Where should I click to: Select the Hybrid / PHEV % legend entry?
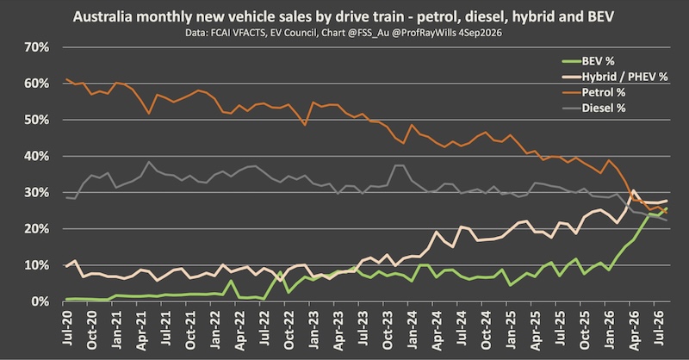point(615,77)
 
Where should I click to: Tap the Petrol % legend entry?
point(593,92)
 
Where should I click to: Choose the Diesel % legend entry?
point(593,109)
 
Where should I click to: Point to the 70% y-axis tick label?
point(37,47)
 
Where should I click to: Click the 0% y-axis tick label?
point(40,302)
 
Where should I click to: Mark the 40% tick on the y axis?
point(37,157)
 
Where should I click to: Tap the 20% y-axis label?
point(37,229)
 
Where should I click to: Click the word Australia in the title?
point(102,16)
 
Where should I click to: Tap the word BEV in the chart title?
point(600,16)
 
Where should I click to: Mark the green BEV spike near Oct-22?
point(280,271)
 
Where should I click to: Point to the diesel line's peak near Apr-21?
point(149,162)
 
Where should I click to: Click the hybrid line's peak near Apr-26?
point(633,191)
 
